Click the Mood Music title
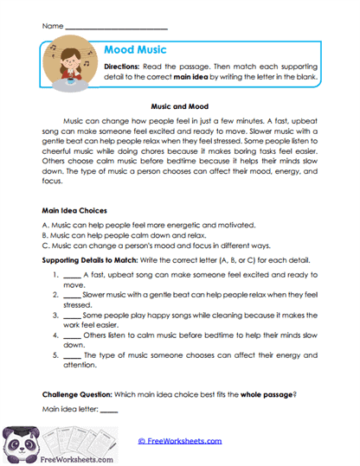136,50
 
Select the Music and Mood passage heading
179,105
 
